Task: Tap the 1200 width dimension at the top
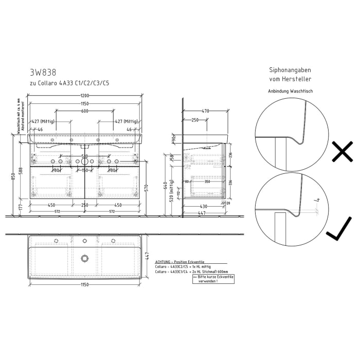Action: pos(85,96)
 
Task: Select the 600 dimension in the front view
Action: pos(85,111)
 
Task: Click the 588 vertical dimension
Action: pos(21,171)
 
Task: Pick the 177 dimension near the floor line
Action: pos(21,208)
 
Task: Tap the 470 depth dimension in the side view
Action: pos(206,111)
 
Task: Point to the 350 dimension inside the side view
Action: pos(207,182)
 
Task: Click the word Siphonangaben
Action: pos(291,70)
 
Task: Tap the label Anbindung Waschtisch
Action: pos(291,91)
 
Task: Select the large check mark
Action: pos(339,229)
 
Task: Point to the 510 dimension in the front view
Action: pos(85,156)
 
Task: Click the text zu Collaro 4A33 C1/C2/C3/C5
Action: pos(69,83)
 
